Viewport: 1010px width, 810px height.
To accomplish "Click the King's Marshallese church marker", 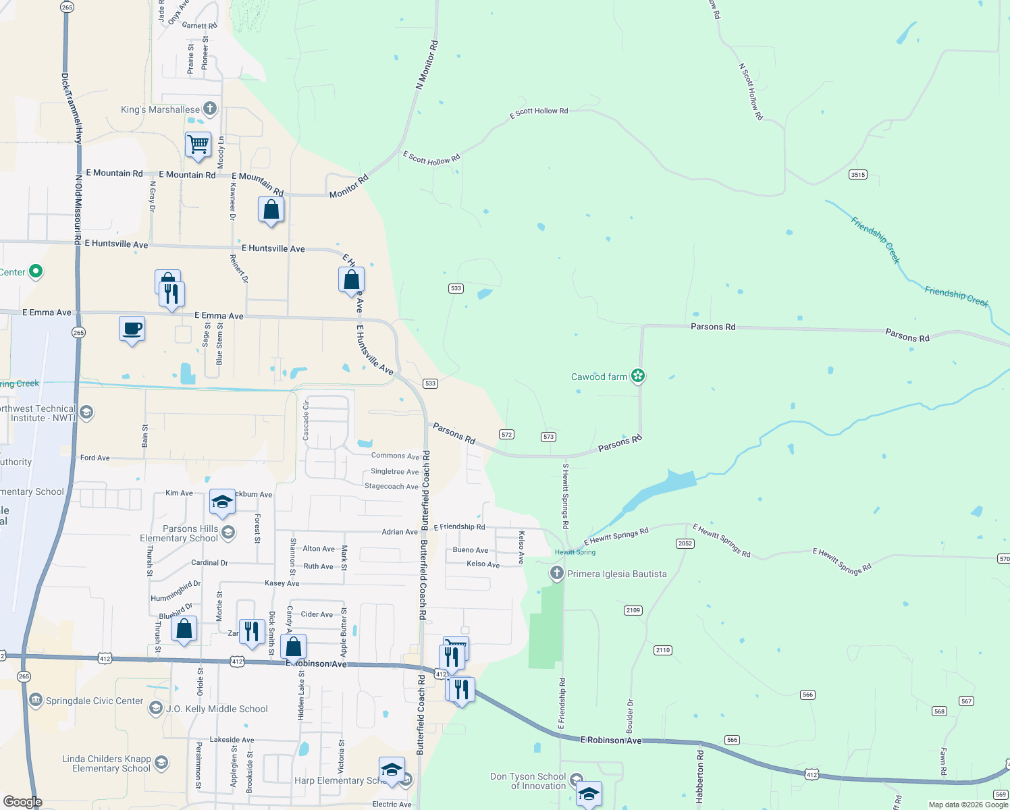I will click(x=210, y=109).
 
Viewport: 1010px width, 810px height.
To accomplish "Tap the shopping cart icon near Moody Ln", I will click(x=198, y=144).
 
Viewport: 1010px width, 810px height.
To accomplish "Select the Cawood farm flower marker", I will click(x=638, y=376).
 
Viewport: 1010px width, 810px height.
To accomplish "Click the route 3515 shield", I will click(x=857, y=175).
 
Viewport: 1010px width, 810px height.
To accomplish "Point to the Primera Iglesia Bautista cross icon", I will click(x=556, y=574).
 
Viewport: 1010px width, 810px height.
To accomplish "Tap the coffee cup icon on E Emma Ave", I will click(x=132, y=329).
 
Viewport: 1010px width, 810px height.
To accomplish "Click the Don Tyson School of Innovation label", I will click(x=528, y=781).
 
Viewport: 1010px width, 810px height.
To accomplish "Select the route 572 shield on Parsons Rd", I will click(x=507, y=435).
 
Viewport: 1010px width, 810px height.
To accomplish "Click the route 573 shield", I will click(x=548, y=437).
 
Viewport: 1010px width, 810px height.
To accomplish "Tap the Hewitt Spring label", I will click(x=575, y=552).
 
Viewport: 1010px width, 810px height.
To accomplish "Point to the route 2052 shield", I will click(x=685, y=543).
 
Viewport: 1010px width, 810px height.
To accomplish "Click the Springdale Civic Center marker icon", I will click(x=36, y=701).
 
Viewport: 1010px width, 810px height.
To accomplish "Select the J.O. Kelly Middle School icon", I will click(x=156, y=708).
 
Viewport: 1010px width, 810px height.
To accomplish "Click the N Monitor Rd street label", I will click(x=427, y=65).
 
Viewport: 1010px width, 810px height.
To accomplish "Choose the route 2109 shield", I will click(x=633, y=610).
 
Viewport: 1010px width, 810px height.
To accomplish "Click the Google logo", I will click(x=23, y=802).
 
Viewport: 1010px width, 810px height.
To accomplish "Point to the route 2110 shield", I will click(x=662, y=650).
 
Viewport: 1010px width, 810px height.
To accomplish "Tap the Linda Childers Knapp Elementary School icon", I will click(x=161, y=763).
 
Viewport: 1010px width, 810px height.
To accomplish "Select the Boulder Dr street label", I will click(x=630, y=716).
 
